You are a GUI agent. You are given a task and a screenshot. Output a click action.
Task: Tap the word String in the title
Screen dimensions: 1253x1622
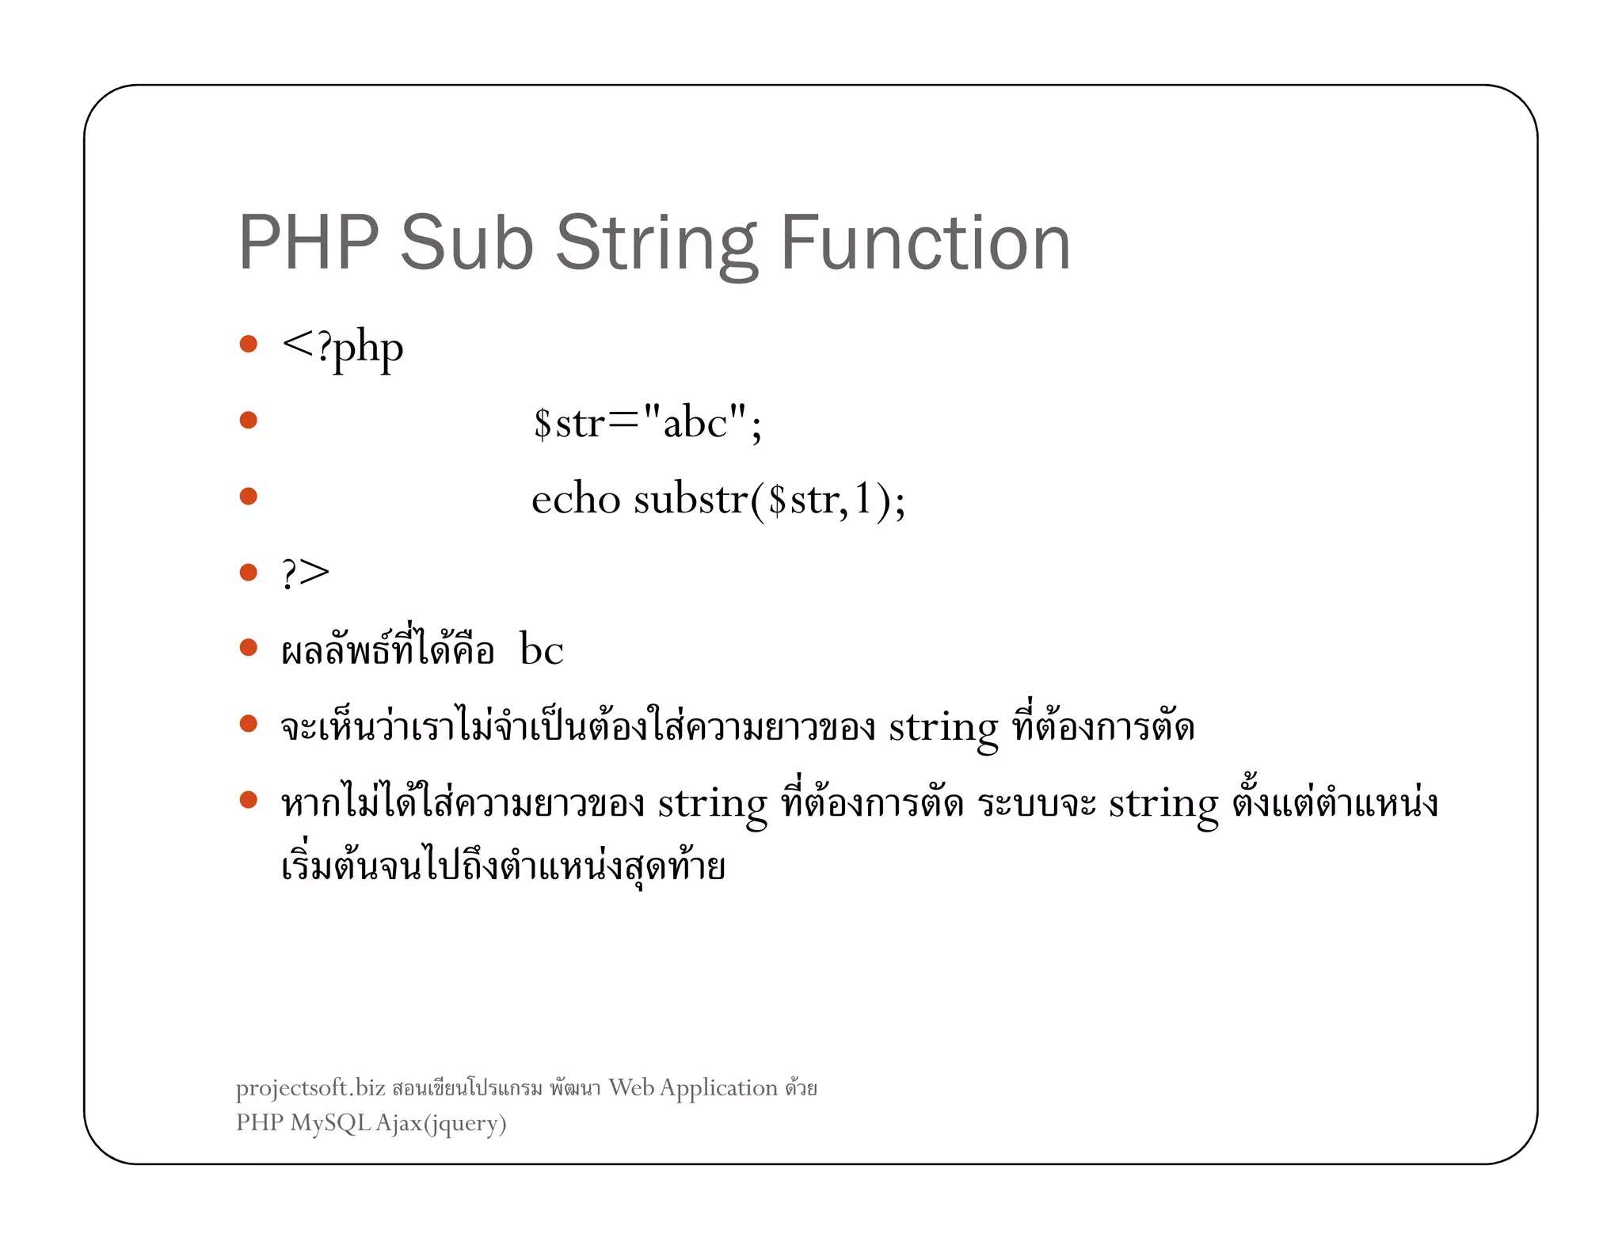pos(657,244)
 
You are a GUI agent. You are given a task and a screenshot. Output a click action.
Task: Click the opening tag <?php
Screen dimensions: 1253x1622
pos(342,348)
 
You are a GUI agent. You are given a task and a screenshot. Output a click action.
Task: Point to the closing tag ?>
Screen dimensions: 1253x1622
pos(306,573)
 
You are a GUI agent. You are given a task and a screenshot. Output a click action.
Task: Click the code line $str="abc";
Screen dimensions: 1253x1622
pos(647,422)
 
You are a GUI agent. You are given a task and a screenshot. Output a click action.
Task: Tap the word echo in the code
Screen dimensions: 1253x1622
pos(576,499)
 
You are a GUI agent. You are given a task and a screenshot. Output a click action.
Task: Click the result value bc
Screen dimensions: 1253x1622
pos(542,650)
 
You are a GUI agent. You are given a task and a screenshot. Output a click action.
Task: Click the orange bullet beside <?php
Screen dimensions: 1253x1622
pos(249,344)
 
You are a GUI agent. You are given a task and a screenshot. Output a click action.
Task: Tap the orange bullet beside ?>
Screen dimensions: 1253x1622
pos(249,572)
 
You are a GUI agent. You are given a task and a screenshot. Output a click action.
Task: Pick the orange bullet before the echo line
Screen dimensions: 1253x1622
pos(249,496)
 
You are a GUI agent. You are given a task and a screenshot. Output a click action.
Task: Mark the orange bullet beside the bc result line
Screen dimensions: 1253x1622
pos(249,648)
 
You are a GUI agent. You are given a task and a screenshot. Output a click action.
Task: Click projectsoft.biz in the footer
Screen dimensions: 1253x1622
pos(310,1089)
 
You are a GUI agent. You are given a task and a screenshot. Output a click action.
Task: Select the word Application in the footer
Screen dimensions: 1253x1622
pos(718,1088)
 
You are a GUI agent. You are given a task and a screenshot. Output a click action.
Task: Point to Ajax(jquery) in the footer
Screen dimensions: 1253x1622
pos(441,1124)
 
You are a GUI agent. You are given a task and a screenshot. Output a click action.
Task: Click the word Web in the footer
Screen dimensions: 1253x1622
pos(631,1087)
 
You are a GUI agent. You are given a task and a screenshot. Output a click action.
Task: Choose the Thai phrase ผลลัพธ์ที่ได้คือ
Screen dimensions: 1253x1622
pos(388,650)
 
